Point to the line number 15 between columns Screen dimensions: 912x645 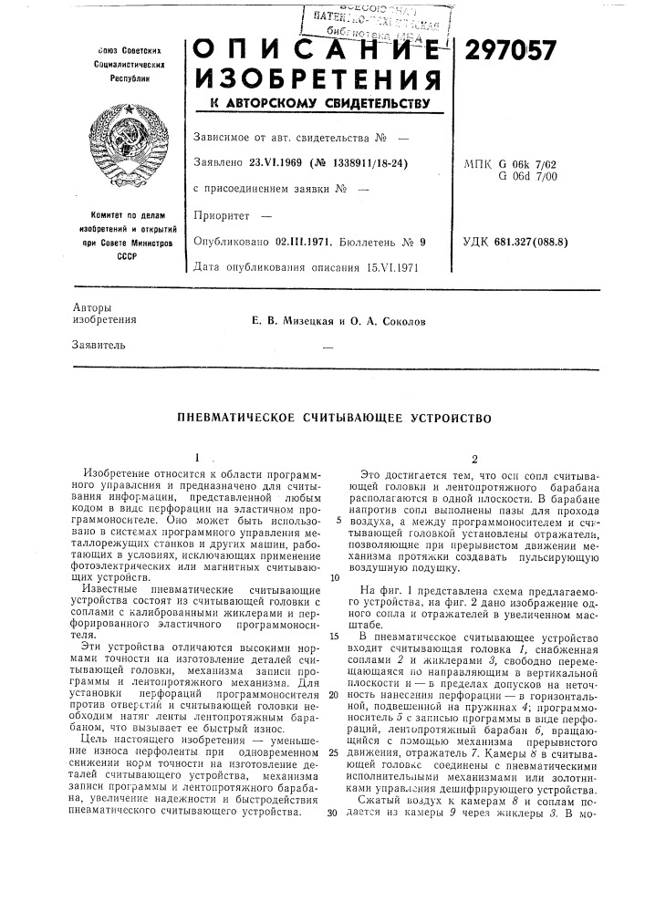[335, 635]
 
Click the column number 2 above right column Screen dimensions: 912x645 [475, 459]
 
